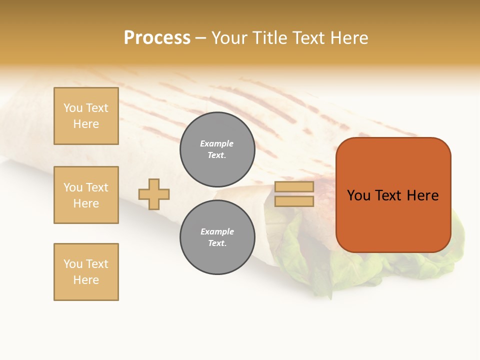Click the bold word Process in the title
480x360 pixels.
(157, 38)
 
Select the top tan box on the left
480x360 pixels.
(86, 116)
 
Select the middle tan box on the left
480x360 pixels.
(86, 195)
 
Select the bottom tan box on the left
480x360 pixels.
(86, 272)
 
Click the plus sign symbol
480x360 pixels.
(154, 194)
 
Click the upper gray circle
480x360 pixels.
(217, 149)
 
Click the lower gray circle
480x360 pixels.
(217, 237)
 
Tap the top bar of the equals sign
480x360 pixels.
(294, 187)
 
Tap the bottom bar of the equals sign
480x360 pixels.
(294, 201)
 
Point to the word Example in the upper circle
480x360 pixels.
(217, 143)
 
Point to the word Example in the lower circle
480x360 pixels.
(217, 231)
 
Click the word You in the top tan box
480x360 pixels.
(73, 108)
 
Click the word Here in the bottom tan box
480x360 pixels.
(86, 280)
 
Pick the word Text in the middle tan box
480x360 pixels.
(96, 187)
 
